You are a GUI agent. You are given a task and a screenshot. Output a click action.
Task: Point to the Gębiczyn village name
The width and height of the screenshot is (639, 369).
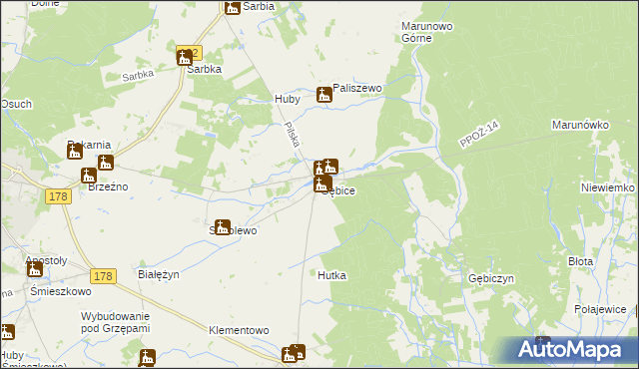pyautogui.click(x=490, y=279)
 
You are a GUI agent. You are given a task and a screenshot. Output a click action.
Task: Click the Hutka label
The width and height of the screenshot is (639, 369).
pyautogui.click(x=333, y=275)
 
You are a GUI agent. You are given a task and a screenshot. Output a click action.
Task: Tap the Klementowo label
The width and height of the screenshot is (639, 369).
pyautogui.click(x=240, y=329)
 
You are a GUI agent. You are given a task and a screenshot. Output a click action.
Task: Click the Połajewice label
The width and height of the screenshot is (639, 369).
pyautogui.click(x=600, y=310)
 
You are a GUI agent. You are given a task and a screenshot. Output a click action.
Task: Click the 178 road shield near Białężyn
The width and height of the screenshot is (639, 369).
pyautogui.click(x=102, y=275)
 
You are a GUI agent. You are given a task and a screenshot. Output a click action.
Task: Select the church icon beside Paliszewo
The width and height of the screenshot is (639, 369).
pyautogui.click(x=324, y=96)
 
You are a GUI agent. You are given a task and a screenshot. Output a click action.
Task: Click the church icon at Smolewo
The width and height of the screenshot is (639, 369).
pyautogui.click(x=223, y=227)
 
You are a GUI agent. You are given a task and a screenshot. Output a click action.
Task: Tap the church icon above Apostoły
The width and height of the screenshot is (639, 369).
pyautogui.click(x=35, y=268)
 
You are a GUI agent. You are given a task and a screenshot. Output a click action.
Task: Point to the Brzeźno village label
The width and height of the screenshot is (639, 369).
pyautogui.click(x=105, y=186)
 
